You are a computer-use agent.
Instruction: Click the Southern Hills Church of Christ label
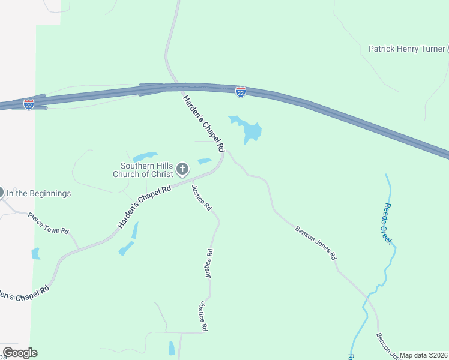pyautogui.click(x=146, y=170)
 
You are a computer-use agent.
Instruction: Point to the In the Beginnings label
pyautogui.click(x=39, y=193)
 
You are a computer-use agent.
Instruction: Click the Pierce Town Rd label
pyautogui.click(x=49, y=223)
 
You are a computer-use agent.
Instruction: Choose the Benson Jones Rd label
pyautogui.click(x=315, y=242)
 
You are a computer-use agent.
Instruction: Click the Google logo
pyautogui.click(x=20, y=353)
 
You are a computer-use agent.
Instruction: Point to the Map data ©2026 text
pyautogui.click(x=423, y=355)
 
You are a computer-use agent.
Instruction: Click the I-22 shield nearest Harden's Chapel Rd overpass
pyautogui.click(x=240, y=91)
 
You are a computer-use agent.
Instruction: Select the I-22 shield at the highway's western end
pyautogui.click(x=29, y=104)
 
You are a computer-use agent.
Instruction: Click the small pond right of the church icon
pyautogui.click(x=205, y=161)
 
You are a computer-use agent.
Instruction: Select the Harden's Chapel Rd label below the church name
pyautogui.click(x=145, y=205)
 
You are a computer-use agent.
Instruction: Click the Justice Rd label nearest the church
pyautogui.click(x=202, y=197)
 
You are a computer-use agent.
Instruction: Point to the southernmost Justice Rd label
pyautogui.click(x=203, y=317)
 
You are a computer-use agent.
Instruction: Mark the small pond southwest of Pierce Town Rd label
pyautogui.click(x=35, y=254)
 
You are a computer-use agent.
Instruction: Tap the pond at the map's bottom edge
pyautogui.click(x=172, y=348)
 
